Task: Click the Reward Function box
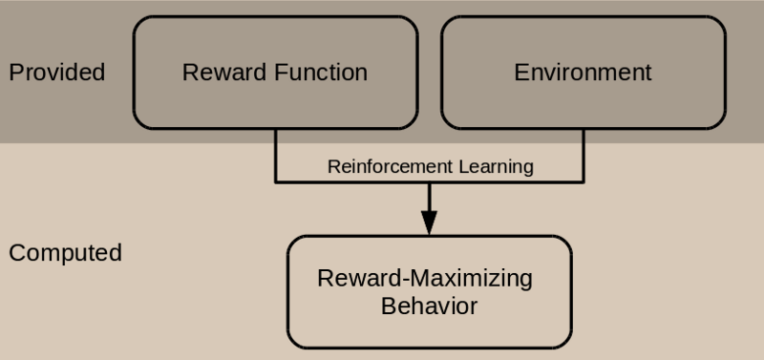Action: click(275, 73)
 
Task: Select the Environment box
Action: click(583, 73)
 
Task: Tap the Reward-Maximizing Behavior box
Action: click(429, 291)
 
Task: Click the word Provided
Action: click(56, 73)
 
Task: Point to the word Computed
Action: click(65, 253)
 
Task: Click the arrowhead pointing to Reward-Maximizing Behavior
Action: click(429, 224)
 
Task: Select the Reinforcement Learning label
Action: click(430, 166)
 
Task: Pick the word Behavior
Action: click(429, 307)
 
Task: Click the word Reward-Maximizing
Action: click(425, 280)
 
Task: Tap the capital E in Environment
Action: click(520, 73)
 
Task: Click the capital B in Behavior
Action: click(387, 307)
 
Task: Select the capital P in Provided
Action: click(14, 73)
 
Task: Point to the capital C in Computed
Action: click(15, 253)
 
